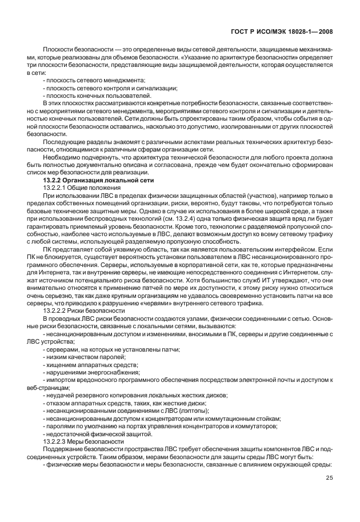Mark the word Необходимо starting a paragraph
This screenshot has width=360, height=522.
click(61, 158)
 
